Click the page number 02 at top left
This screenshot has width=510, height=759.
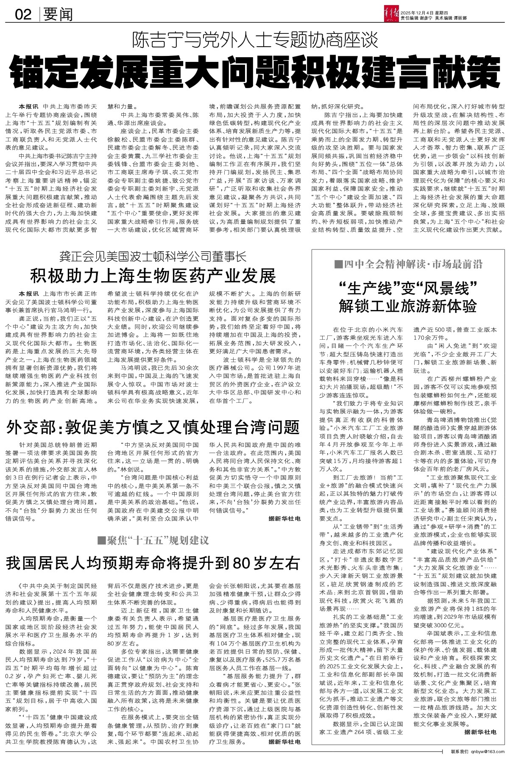[x=23, y=15]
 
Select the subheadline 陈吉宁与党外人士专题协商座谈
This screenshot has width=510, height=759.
[x=254, y=41]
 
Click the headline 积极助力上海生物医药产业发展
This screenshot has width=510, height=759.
[x=153, y=276]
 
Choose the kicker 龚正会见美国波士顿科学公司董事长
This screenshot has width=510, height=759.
[x=153, y=257]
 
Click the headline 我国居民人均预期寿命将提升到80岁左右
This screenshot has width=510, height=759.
[x=153, y=563]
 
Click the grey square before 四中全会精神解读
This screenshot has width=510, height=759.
[x=338, y=265]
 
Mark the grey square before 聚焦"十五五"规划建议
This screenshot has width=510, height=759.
[x=101, y=540]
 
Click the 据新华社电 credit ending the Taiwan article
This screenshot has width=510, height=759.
[x=284, y=518]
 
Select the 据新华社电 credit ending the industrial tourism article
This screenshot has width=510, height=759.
[x=480, y=732]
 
